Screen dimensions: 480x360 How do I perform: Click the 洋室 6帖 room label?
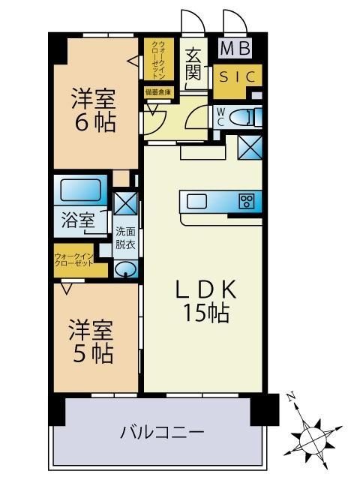[x=94, y=110]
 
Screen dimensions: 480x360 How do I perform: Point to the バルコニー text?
[x=162, y=433]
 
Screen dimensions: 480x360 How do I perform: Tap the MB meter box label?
[x=235, y=49]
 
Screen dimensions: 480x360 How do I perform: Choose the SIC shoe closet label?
[x=238, y=76]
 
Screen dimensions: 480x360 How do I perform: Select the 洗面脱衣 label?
[x=124, y=238]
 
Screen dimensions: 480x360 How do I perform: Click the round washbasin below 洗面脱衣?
[x=126, y=269]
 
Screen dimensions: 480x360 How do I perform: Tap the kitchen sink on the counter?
[x=198, y=201]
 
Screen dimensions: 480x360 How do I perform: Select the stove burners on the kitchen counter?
[x=247, y=201]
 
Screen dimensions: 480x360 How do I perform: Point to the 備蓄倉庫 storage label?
[x=158, y=92]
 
